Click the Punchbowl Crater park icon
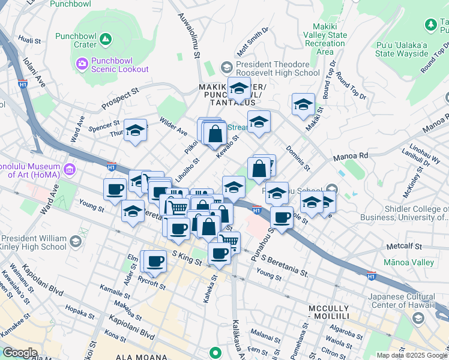click(x=106, y=40)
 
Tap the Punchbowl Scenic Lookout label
click(x=119, y=65)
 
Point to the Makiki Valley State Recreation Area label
click(x=329, y=39)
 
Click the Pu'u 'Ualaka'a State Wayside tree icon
click(x=430, y=25)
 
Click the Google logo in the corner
click(x=19, y=353)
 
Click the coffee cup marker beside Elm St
click(x=155, y=261)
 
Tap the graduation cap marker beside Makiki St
click(x=303, y=104)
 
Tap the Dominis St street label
click(x=297, y=158)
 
